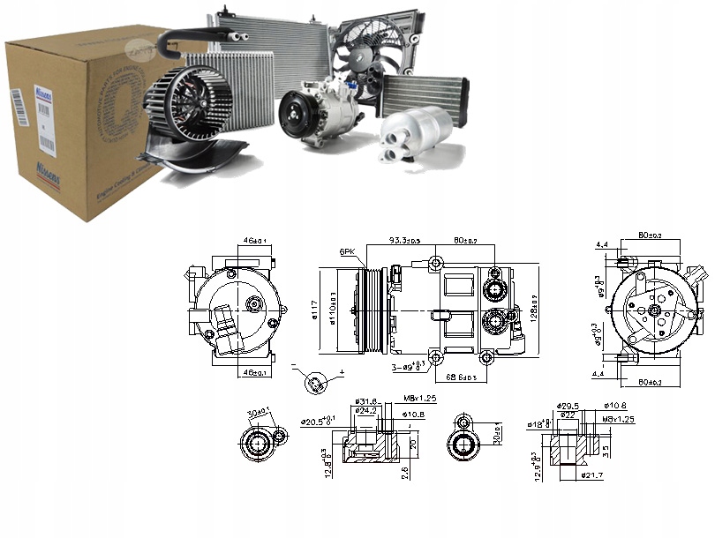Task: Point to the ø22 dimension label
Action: [567, 415]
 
